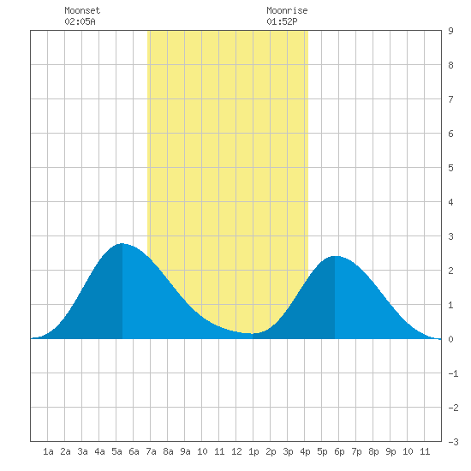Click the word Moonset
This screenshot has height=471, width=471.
click(82, 10)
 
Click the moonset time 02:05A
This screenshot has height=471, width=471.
click(80, 21)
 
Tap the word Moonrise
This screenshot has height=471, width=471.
click(287, 10)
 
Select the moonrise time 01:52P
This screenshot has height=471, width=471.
click(282, 21)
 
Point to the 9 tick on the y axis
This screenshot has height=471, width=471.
click(450, 31)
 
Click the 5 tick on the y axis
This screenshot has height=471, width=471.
click(450, 168)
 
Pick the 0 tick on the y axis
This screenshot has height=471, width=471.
click(450, 339)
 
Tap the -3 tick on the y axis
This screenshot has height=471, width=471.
click(453, 442)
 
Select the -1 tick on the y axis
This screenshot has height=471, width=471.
click(453, 373)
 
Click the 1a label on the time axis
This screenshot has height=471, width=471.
click(48, 451)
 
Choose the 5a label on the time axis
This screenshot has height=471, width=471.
click(116, 451)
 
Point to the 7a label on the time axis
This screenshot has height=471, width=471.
click(151, 451)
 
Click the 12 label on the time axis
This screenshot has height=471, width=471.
click(236, 451)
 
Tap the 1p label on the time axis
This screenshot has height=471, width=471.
click(253, 451)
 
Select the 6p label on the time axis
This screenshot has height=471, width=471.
click(339, 451)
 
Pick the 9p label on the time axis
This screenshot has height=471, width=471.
click(391, 451)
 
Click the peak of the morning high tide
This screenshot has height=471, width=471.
click(122, 243)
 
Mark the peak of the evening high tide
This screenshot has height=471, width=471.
click(335, 256)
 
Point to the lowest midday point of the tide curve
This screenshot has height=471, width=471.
click(253, 333)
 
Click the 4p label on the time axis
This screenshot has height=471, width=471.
click(305, 451)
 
